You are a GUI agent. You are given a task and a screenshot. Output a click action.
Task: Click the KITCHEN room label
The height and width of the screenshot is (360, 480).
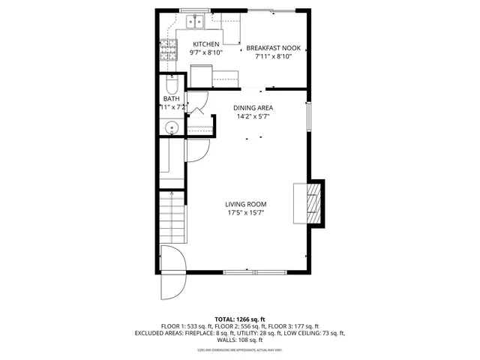click(x=205, y=44)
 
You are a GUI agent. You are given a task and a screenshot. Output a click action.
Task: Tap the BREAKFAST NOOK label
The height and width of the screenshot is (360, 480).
click(x=274, y=48)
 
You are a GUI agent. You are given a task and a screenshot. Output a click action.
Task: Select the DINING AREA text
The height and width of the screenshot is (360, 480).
click(x=252, y=108)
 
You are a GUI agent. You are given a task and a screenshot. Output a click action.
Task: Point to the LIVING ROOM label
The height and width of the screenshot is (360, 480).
click(x=246, y=204)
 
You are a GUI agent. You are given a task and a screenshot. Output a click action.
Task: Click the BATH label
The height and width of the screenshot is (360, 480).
click(x=171, y=99)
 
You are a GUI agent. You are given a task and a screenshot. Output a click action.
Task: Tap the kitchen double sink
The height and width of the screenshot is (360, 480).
click(x=196, y=20)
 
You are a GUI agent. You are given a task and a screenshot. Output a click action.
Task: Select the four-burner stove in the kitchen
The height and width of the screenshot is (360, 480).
click(x=167, y=50)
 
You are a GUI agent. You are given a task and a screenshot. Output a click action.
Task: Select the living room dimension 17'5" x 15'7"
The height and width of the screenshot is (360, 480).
click(x=246, y=213)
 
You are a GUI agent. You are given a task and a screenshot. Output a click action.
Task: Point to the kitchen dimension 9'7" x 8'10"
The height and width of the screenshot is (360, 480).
click(x=205, y=53)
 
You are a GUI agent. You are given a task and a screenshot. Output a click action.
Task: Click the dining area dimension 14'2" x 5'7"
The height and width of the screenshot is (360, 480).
click(x=252, y=117)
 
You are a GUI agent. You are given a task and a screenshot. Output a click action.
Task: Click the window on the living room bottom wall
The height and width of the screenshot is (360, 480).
click(x=254, y=271)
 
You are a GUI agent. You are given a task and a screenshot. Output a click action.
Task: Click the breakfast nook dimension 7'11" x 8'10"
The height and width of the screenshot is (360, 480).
click(x=274, y=57)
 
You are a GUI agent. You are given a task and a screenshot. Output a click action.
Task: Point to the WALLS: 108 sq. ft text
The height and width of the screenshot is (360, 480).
click(x=240, y=340)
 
